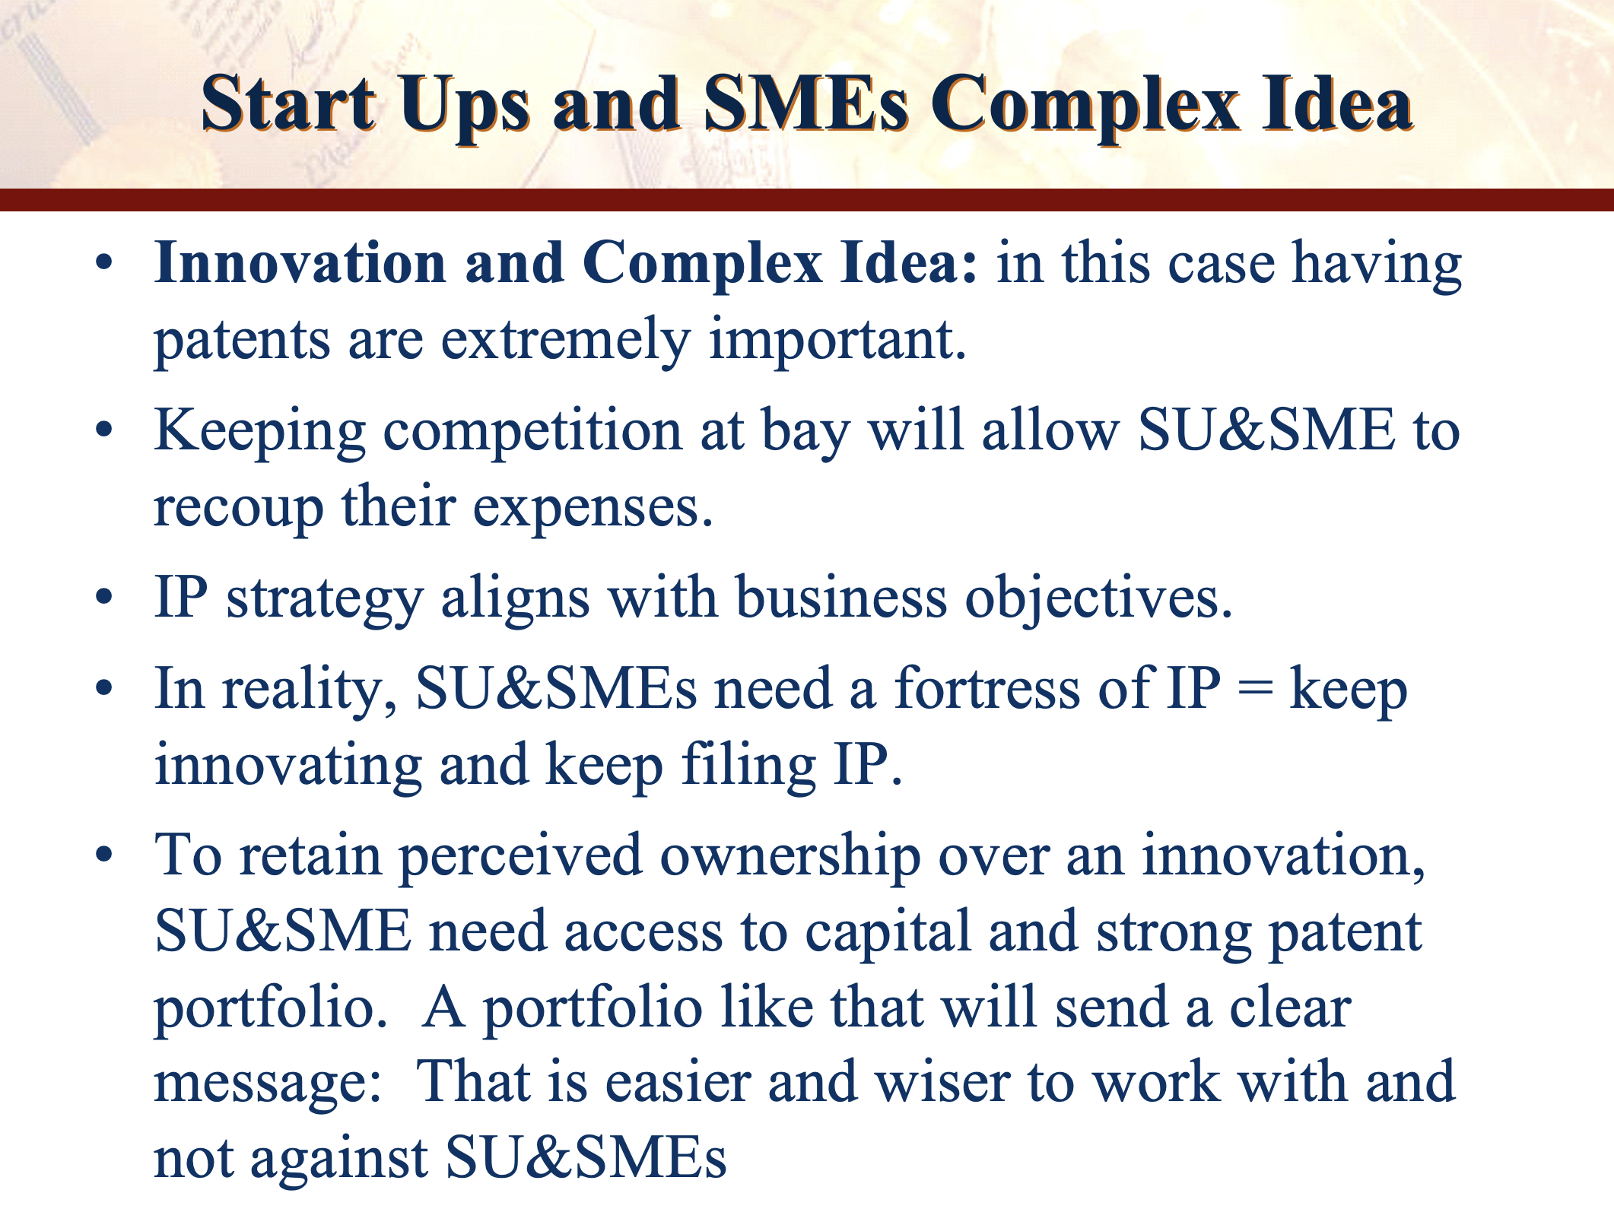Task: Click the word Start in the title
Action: [x=288, y=104]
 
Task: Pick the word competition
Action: [x=532, y=432]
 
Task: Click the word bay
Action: [x=805, y=432]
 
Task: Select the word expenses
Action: [x=593, y=509]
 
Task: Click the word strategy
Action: [x=324, y=599]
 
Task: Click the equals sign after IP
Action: [x=1255, y=690]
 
